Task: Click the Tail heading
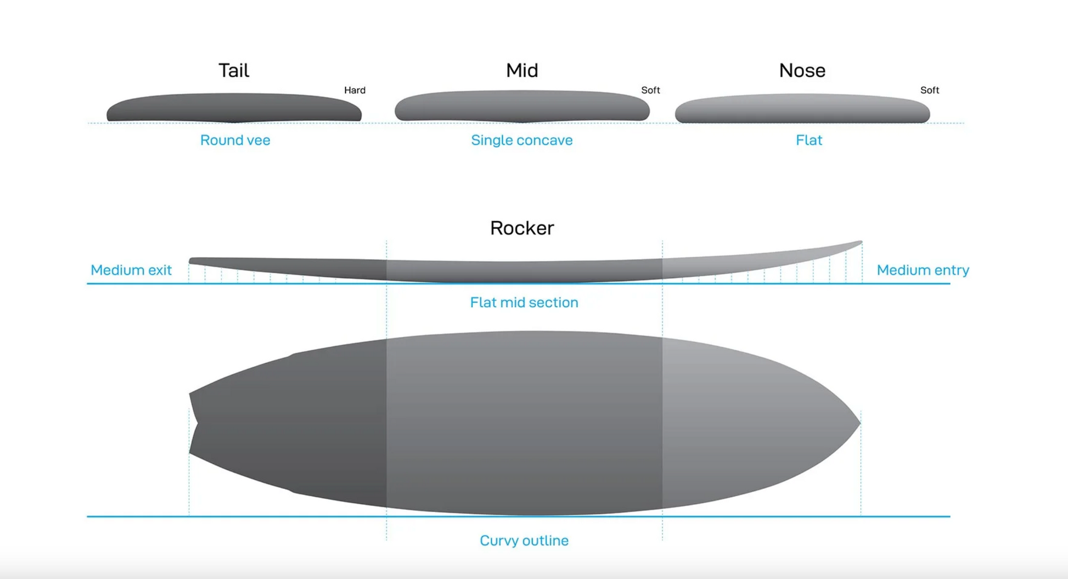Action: point(234,70)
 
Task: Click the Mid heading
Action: point(522,70)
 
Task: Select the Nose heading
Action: point(802,70)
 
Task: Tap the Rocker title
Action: point(522,228)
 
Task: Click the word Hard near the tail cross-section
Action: point(355,90)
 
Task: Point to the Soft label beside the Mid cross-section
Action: point(650,90)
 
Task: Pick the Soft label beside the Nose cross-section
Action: point(929,90)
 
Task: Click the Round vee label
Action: point(235,140)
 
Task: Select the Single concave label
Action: point(521,140)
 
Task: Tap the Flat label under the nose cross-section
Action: point(808,140)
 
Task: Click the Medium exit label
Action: point(131,270)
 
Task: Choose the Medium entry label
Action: point(923,270)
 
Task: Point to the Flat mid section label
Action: point(524,302)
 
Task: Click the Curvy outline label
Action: point(524,541)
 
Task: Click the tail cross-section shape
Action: point(234,108)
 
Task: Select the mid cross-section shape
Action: point(522,106)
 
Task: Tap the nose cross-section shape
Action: point(802,109)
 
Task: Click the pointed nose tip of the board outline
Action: point(859,423)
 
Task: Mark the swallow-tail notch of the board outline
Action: point(198,424)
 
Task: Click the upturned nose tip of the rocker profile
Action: point(860,242)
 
